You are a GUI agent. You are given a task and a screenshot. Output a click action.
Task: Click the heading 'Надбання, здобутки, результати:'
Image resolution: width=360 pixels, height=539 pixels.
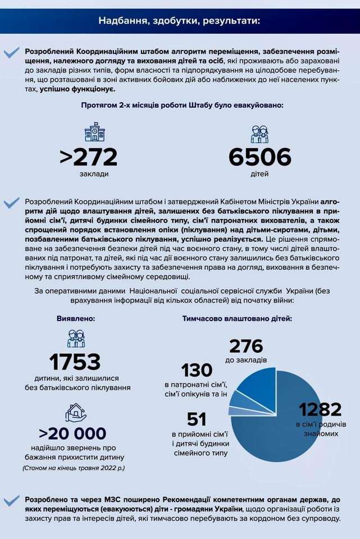coord(180,21)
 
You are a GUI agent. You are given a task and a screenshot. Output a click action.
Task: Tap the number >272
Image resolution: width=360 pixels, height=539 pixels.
coord(89,157)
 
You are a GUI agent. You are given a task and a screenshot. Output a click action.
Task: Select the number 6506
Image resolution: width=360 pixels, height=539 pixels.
coord(259,157)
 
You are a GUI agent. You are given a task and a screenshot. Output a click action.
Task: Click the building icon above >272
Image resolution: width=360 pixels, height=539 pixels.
coord(94,133)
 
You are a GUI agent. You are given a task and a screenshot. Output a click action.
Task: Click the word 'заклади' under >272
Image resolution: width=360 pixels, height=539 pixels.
coord(94,173)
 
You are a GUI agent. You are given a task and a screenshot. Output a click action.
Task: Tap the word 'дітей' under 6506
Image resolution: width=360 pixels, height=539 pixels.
coord(259,173)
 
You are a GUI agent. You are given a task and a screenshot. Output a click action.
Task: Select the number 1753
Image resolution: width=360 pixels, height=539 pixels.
coord(75,362)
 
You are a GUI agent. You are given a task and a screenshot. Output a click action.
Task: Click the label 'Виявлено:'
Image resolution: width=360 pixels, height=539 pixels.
coord(76,318)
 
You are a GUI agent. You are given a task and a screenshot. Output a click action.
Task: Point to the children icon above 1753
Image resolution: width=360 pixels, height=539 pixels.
coord(76,339)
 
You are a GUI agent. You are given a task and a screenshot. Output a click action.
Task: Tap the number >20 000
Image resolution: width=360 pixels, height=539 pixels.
coord(72,433)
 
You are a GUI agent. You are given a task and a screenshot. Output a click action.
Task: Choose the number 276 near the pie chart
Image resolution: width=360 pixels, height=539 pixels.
coord(246,346)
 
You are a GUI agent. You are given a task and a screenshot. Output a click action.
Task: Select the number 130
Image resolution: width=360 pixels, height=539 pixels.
coord(197,371)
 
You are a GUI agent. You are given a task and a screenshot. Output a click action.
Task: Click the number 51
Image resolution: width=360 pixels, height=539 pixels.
coord(197,419)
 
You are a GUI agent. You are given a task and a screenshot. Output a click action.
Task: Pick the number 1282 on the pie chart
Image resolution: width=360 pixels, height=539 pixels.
coord(320,409)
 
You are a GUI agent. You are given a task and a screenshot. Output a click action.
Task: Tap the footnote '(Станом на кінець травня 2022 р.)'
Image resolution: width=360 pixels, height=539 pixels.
coord(74,467)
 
